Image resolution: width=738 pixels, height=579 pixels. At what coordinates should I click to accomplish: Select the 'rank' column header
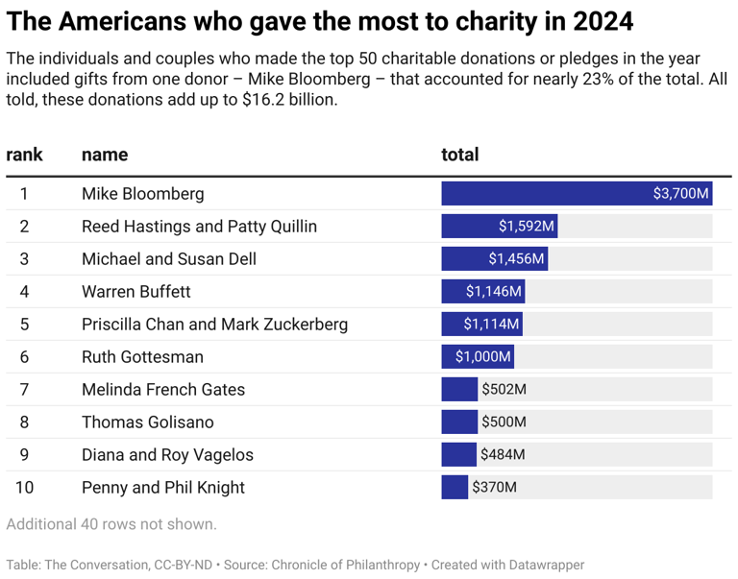pyautogui.click(x=24, y=155)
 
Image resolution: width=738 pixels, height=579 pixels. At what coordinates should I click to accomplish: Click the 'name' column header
pyautogui.click(x=105, y=155)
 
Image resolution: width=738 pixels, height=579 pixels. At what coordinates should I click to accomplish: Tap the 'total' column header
pyautogui.click(x=459, y=155)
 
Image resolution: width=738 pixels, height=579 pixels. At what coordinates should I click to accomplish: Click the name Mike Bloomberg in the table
pyautogui.click(x=142, y=194)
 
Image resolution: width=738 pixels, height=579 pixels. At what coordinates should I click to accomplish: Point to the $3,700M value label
pyautogui.click(x=680, y=194)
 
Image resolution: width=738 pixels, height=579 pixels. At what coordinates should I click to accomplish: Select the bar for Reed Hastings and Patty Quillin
pyautogui.click(x=499, y=227)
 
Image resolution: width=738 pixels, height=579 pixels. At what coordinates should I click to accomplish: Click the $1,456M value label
pyautogui.click(x=516, y=259)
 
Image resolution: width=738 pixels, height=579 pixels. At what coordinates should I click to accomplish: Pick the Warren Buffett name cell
pyautogui.click(x=135, y=292)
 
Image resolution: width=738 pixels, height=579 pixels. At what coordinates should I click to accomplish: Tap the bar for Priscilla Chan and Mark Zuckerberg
pyautogui.click(x=480, y=325)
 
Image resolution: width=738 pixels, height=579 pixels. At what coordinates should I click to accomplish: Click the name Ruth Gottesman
pyautogui.click(x=142, y=357)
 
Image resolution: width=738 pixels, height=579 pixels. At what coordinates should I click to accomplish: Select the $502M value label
pyautogui.click(x=504, y=390)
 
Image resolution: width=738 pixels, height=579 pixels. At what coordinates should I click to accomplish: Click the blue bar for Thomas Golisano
pyautogui.click(x=458, y=422)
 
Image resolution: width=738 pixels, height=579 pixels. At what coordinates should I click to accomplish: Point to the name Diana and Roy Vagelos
pyautogui.click(x=168, y=455)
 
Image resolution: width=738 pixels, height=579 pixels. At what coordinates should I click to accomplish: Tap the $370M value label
pyautogui.click(x=494, y=488)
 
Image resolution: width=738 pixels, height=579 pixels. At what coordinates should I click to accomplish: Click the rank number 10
pyautogui.click(x=24, y=488)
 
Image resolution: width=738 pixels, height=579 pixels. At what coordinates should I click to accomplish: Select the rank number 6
pyautogui.click(x=24, y=357)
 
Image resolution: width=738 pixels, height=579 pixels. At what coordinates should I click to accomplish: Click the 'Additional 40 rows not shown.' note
pyautogui.click(x=111, y=524)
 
